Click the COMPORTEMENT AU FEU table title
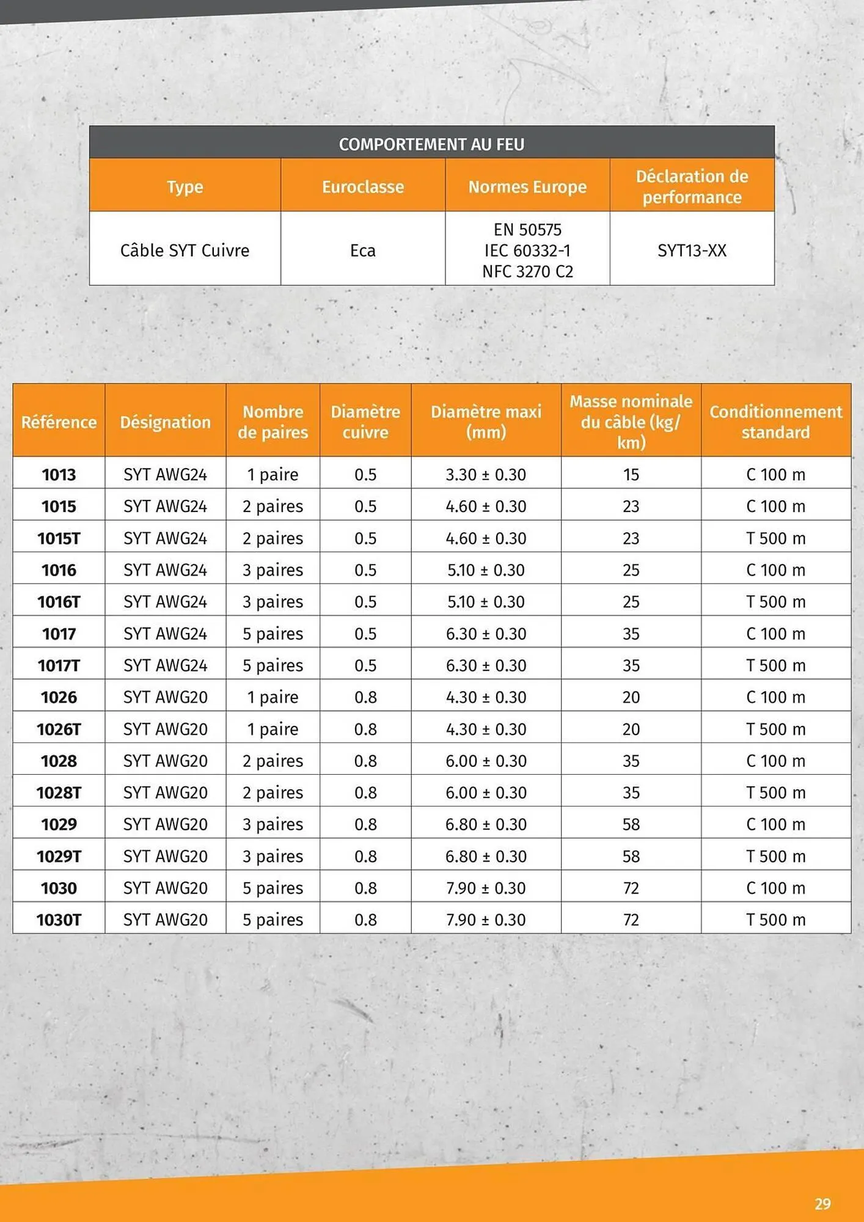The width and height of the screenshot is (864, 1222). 431,144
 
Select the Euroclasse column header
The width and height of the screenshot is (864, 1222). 363,187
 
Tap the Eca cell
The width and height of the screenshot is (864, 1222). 363,251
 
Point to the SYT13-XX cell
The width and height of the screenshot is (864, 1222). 692,251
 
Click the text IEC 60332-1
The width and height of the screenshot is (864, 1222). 527,251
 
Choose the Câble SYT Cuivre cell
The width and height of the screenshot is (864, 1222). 185,251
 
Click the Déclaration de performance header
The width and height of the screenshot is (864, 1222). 692,187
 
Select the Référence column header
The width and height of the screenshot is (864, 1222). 59,422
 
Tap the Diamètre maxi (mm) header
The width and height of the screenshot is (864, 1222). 486,422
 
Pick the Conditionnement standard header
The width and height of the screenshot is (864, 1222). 775,422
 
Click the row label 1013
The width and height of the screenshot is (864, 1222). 59,475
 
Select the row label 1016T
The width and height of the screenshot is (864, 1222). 59,602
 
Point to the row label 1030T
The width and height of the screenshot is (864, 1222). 59,920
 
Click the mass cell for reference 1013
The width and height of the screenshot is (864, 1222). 631,475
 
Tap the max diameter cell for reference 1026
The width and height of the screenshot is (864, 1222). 486,697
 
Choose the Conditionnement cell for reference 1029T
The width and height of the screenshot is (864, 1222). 775,856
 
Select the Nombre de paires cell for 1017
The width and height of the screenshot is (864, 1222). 273,634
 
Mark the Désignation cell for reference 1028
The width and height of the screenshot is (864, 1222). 165,761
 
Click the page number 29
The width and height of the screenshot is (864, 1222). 822,1204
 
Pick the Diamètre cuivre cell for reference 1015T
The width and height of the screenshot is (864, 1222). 365,538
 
